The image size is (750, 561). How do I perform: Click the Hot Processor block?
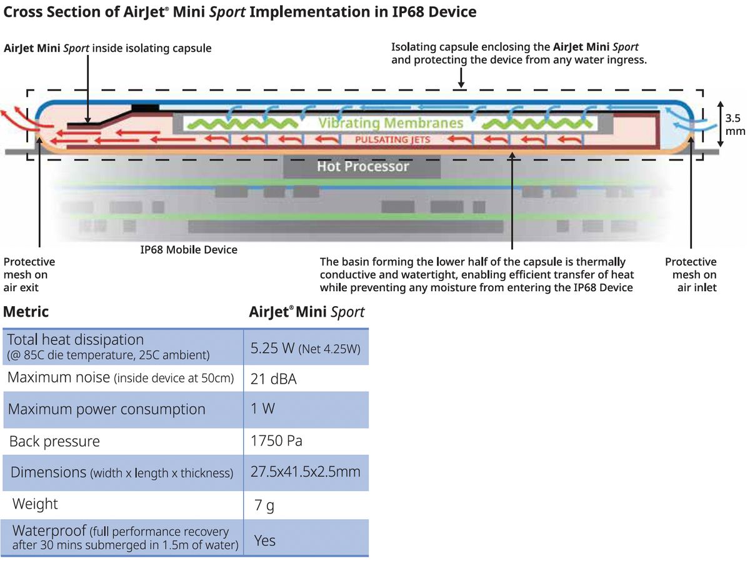coord(362,167)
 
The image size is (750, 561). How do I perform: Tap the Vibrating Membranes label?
coord(391,123)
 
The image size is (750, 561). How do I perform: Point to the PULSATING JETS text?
coord(392,139)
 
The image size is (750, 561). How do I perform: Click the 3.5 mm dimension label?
coord(734,124)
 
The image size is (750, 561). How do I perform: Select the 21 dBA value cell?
coord(274,379)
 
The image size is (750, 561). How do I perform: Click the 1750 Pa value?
coord(276,441)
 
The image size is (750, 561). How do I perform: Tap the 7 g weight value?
coord(264,505)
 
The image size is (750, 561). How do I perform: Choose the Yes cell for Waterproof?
coord(264,540)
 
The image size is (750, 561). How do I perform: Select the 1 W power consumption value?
coord(263,409)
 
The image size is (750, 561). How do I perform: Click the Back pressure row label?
coord(54,442)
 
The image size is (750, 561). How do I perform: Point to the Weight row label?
coord(35,504)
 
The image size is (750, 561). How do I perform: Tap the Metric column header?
coord(26,311)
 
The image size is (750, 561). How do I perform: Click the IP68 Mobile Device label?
coord(189,250)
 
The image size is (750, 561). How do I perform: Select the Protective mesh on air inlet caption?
coord(691,275)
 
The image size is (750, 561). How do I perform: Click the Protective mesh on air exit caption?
coord(29,275)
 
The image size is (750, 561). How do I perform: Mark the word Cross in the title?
coord(24,12)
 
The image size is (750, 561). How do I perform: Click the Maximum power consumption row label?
coord(107,410)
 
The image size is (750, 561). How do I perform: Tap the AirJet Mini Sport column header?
coord(306,311)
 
